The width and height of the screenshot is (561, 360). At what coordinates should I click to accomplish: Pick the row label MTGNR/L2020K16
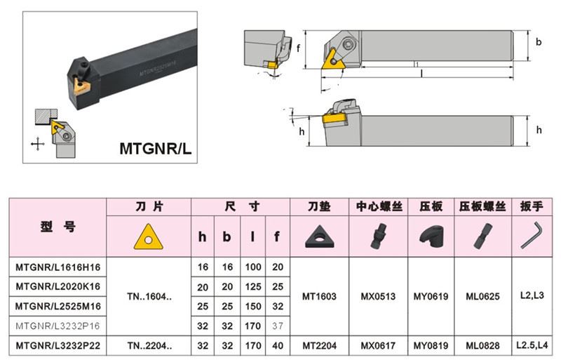58,286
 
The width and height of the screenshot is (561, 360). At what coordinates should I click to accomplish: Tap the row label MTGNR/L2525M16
58,306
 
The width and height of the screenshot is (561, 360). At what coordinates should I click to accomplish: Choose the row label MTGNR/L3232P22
58,346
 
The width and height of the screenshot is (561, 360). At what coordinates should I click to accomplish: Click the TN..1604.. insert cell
148,296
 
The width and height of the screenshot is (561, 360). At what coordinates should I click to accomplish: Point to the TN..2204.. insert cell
148,346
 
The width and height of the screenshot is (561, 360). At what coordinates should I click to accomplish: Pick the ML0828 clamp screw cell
483,346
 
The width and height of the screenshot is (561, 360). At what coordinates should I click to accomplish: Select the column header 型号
58,227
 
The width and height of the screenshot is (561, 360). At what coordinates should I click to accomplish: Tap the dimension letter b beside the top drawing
539,43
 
